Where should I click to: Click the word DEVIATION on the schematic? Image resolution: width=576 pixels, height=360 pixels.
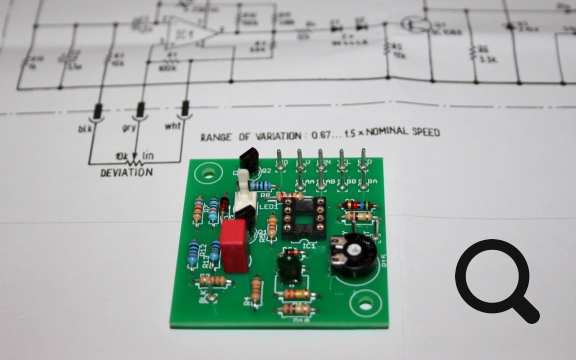point(126,172)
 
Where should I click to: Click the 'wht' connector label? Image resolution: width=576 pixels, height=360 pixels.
point(172,125)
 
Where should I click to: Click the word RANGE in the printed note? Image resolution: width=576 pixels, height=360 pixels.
point(214,137)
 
